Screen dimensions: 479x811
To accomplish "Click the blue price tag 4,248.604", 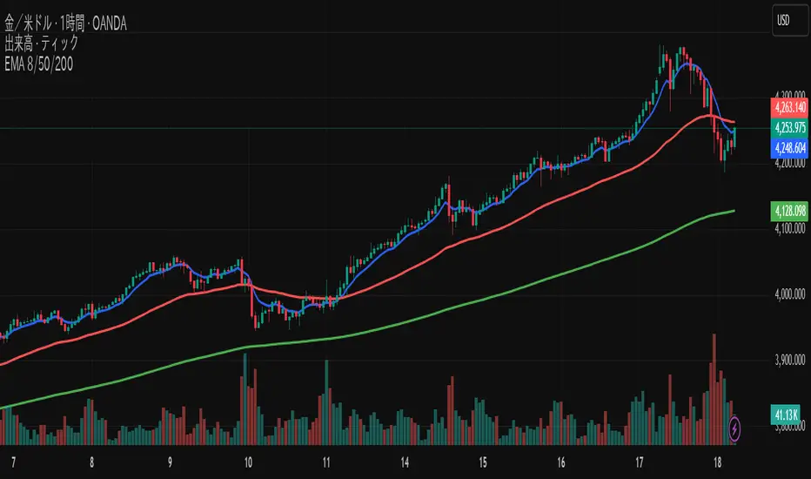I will [789, 148].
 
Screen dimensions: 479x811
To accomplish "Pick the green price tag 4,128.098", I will [789, 210].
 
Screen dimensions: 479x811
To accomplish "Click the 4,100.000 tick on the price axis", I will [789, 230].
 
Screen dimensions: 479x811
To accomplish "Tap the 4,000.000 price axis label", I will [789, 296].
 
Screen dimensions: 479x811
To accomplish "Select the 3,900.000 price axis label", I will [789, 361].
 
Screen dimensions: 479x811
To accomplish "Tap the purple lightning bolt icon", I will [736, 428].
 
